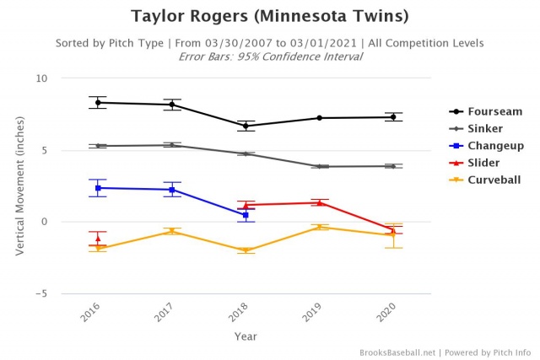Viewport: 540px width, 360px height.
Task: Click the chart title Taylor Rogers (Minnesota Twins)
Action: point(269,16)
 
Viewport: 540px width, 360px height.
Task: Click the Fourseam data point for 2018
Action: point(246,126)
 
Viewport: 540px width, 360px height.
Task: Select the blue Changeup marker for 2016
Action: point(98,188)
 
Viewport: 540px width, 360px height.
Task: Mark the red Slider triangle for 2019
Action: point(319,202)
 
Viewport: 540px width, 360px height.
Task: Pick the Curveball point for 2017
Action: point(171,231)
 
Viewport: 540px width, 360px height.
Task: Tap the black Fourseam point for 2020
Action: point(392,117)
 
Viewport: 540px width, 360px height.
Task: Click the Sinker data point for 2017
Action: point(171,145)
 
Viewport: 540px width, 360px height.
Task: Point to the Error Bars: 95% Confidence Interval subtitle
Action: point(269,56)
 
